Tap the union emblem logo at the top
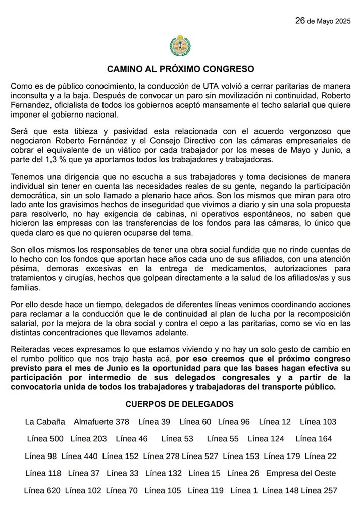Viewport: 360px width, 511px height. point(179,46)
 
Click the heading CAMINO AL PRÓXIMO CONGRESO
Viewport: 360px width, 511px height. point(180,68)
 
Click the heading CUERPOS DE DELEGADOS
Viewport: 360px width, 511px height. point(179,404)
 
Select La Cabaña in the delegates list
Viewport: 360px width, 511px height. point(45,422)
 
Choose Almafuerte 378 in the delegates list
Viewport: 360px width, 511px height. point(101,422)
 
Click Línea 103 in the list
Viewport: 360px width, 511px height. point(318,422)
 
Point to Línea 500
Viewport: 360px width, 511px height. point(45,439)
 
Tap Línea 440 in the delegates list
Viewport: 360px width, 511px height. point(79,456)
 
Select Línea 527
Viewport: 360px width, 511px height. point(200,456)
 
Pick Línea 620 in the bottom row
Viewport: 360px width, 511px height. point(42,490)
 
